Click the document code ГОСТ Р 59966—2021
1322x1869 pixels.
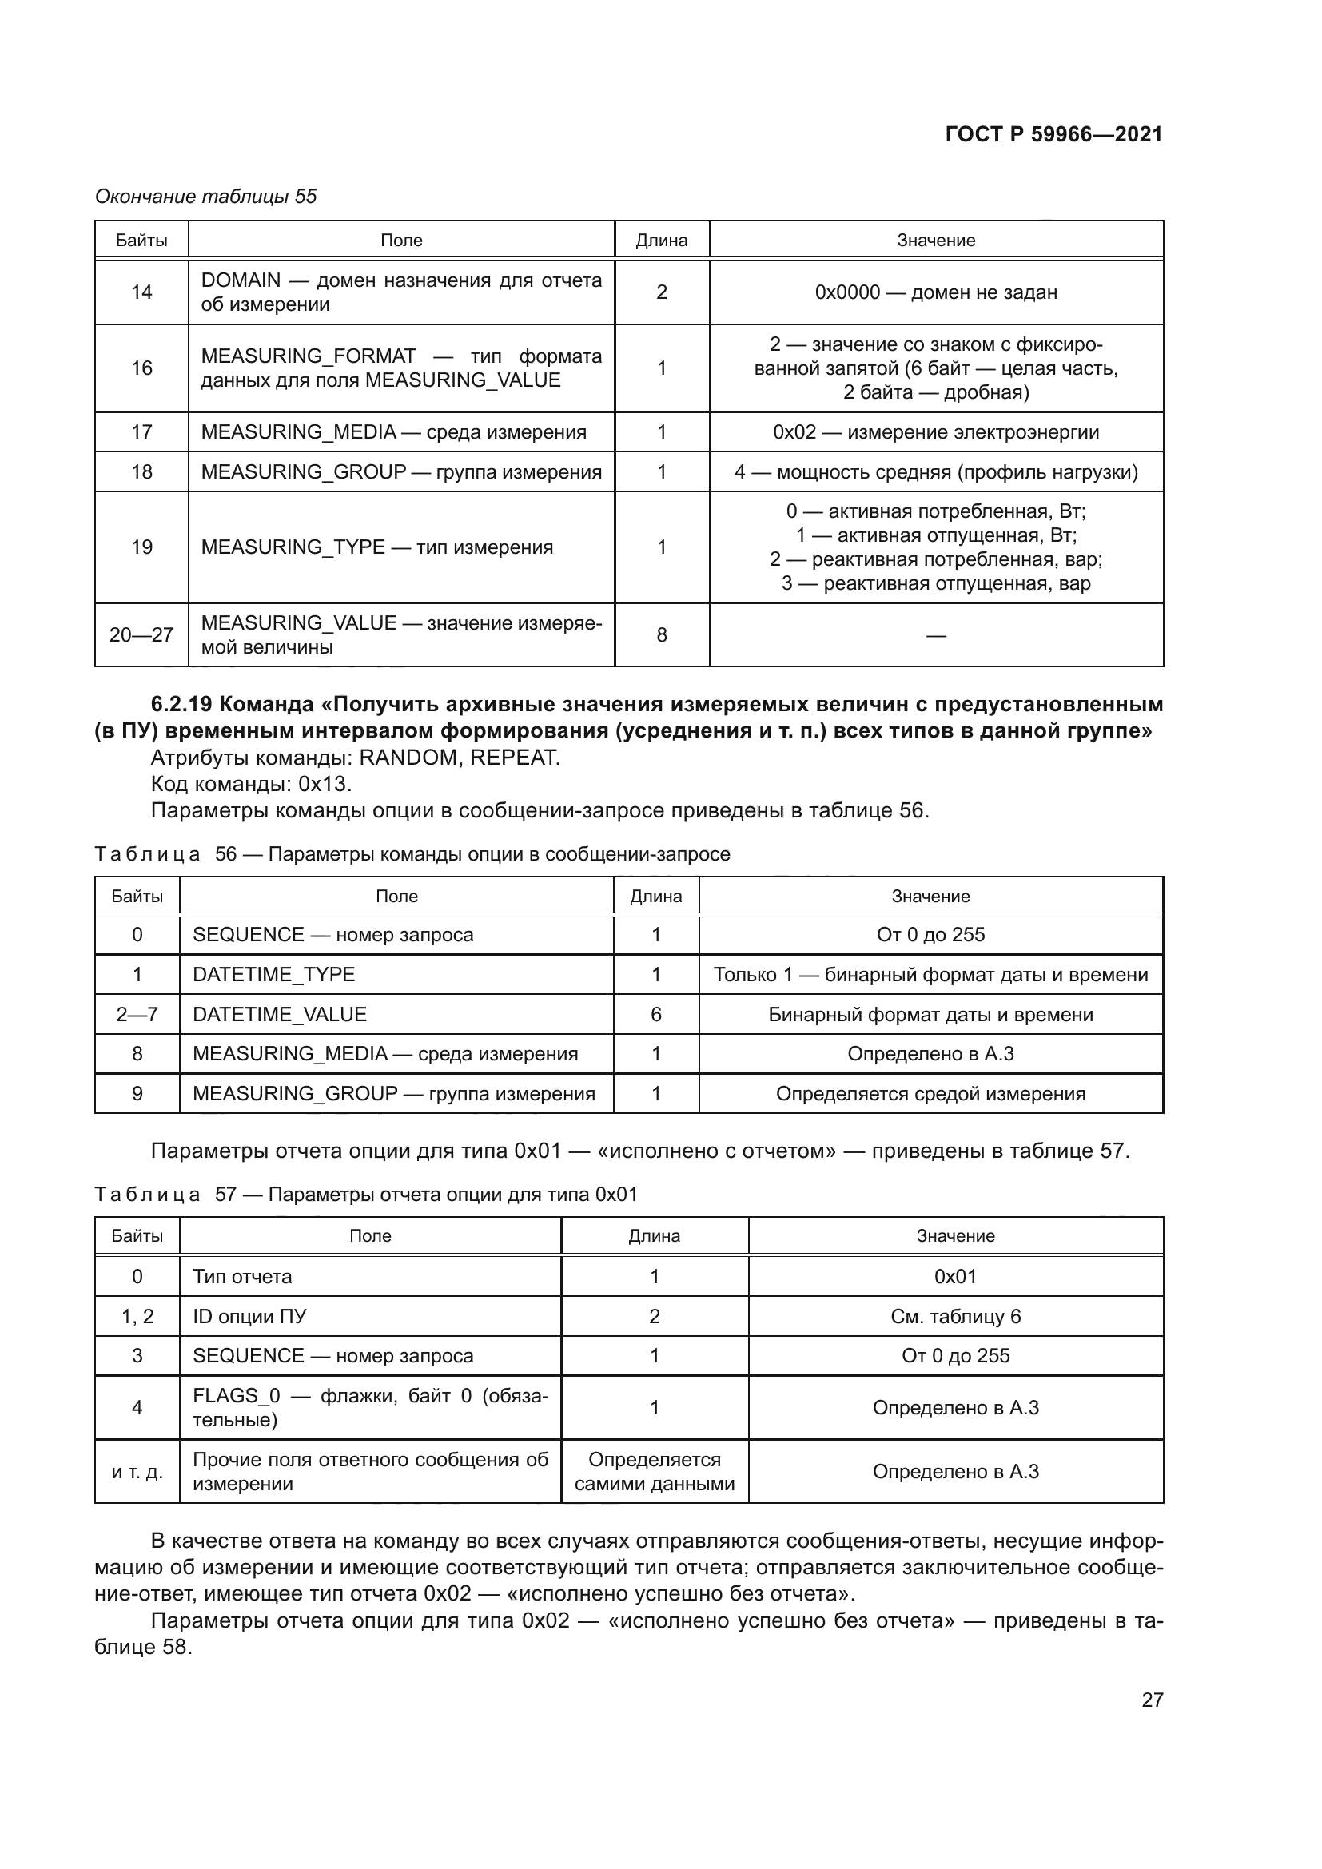pyautogui.click(x=1053, y=134)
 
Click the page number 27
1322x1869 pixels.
pyautogui.click(x=1152, y=1700)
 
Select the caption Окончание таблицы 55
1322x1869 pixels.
pyautogui.click(x=206, y=197)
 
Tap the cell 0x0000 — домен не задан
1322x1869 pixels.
pyautogui.click(x=935, y=292)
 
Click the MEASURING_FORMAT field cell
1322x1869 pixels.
pyautogui.click(x=401, y=368)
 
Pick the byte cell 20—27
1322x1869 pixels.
pyautogui.click(x=141, y=635)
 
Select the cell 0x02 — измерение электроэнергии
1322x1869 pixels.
pyautogui.click(x=935, y=432)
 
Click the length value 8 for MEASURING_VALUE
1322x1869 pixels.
pyautogui.click(x=661, y=635)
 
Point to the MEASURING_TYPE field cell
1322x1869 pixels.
pyautogui.click(x=377, y=547)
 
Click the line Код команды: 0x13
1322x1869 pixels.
pyautogui.click(x=252, y=784)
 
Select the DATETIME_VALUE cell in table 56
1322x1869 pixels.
pyautogui.click(x=280, y=1014)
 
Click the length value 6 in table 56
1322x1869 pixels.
pyautogui.click(x=656, y=1014)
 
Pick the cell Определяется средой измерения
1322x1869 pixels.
pyautogui.click(x=930, y=1093)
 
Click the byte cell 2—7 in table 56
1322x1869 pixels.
pyautogui.click(x=137, y=1014)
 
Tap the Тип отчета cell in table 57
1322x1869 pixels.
pyautogui.click(x=243, y=1276)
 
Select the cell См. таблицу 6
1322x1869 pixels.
pyautogui.click(x=955, y=1316)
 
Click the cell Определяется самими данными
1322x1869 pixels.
pyautogui.click(x=655, y=1471)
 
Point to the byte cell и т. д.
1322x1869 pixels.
pyautogui.click(x=137, y=1472)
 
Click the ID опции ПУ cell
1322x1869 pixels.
pyautogui.click(x=249, y=1316)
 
